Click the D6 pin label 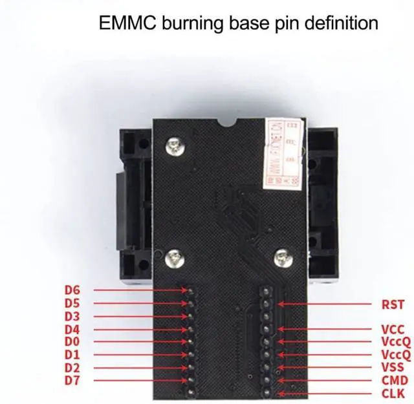point(72,290)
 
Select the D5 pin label point(72,303)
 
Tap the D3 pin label point(72,316)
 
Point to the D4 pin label point(72,329)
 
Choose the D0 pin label point(72,341)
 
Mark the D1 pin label point(72,354)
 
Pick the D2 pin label point(72,367)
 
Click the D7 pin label point(72,379)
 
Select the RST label point(393,304)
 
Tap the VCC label point(393,330)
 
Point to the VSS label point(393,368)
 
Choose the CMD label point(393,381)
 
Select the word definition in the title point(336,24)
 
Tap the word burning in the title point(190,24)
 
